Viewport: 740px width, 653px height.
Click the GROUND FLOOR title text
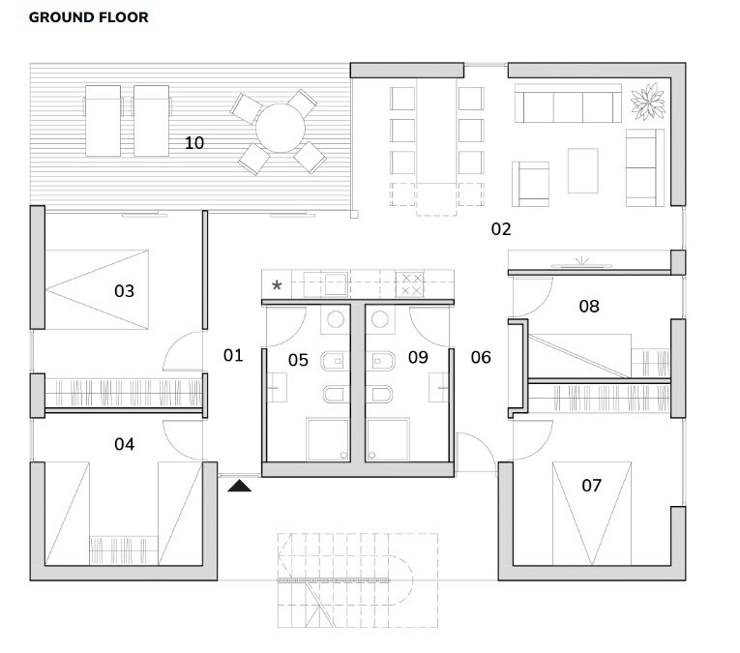tap(89, 17)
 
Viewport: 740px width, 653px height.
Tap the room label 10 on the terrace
tap(194, 142)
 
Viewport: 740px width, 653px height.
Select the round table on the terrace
tap(280, 129)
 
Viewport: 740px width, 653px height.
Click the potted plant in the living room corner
tap(647, 100)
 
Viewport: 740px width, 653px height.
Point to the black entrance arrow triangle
tap(240, 487)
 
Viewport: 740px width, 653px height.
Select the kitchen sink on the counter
tap(335, 284)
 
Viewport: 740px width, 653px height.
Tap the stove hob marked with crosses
tap(410, 284)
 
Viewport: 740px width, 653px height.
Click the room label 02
tap(500, 229)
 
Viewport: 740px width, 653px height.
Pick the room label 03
tap(124, 290)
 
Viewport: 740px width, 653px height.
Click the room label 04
tap(124, 444)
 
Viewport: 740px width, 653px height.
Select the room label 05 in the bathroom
tap(298, 360)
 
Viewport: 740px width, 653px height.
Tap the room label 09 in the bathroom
tap(418, 357)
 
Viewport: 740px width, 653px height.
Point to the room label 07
tap(591, 484)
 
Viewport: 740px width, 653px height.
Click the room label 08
tap(588, 306)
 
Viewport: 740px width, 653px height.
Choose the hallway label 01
tap(233, 355)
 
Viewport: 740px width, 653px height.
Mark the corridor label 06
tap(481, 357)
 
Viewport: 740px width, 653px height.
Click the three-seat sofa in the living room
tap(567, 103)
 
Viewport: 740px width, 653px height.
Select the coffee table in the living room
tap(583, 170)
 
